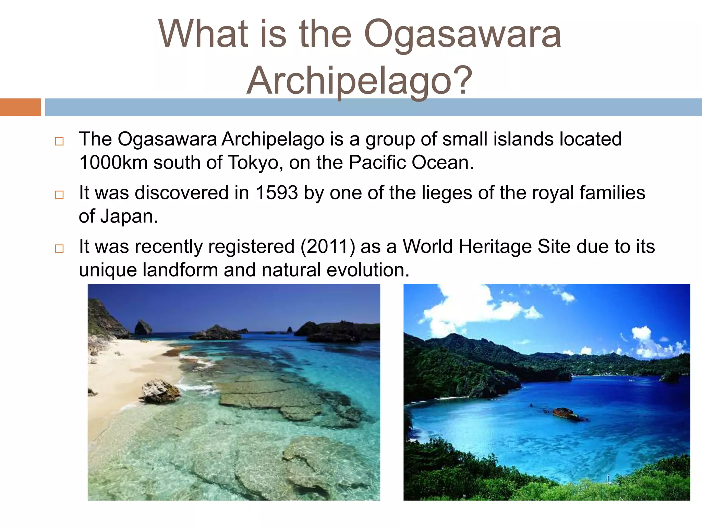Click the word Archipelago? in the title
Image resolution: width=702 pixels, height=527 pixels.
coord(360,81)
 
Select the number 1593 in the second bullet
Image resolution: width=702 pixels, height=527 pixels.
coord(277,193)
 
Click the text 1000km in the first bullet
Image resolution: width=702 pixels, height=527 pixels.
coord(113,163)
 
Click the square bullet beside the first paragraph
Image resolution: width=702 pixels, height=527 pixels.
coord(59,141)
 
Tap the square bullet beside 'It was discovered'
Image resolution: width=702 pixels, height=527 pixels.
coord(59,195)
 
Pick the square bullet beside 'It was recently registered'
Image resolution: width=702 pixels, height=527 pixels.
coord(59,248)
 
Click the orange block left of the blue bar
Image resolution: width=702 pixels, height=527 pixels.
coord(20,107)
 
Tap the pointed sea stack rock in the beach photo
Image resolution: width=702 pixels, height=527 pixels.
coord(143,327)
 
